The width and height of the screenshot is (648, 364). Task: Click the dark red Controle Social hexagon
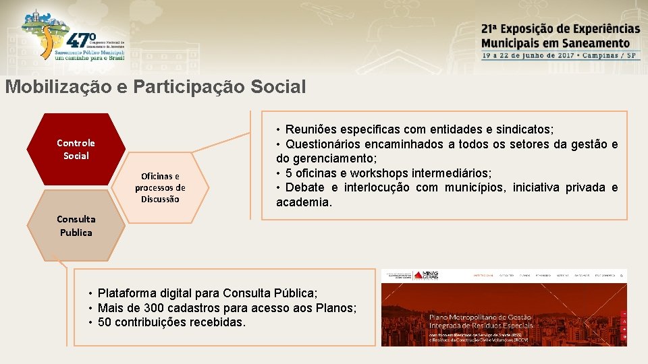tap(76, 149)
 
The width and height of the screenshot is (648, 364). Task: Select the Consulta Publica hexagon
tap(76, 226)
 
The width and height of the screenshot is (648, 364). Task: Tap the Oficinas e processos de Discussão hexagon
tap(160, 187)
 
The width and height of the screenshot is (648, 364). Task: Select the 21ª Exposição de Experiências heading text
tap(560, 29)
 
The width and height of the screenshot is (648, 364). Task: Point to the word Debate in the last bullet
tap(306, 187)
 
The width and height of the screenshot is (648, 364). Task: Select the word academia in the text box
tap(304, 202)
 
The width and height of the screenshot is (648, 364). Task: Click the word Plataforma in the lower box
tap(126, 293)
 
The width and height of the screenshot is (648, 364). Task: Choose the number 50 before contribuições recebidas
tap(105, 322)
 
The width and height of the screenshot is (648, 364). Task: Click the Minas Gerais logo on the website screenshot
tap(427, 275)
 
